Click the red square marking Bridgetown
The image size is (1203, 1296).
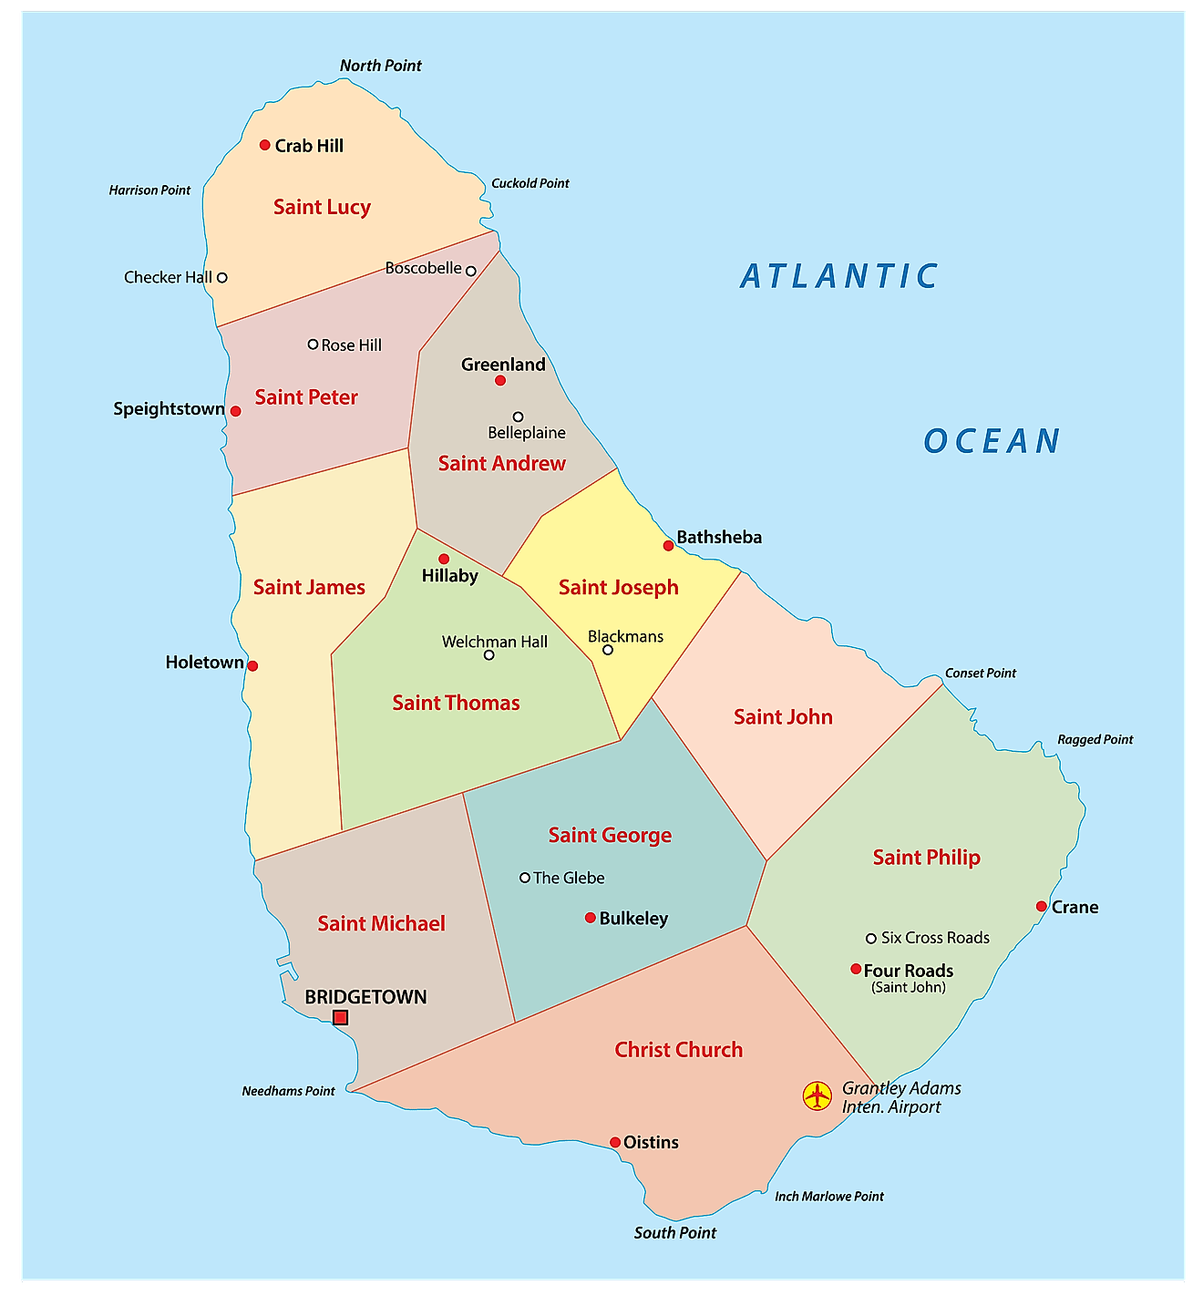[x=340, y=1017]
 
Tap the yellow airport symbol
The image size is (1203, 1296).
[x=817, y=1095]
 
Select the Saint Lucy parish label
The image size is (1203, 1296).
[x=322, y=207]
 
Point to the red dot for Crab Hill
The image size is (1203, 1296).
[x=265, y=145]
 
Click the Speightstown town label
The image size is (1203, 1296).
[x=169, y=408]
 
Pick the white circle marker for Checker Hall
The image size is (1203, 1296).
[x=221, y=277]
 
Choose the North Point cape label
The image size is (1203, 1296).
[x=380, y=66]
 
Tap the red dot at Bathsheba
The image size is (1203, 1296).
[x=668, y=545]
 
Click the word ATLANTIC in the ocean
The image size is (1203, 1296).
[x=838, y=276]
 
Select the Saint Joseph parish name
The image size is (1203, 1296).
[x=618, y=587]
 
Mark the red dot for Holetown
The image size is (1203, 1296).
[x=252, y=665]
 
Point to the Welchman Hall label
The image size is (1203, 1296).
[x=494, y=642]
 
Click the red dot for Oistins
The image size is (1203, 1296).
[x=615, y=1142]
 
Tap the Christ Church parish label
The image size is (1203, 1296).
[x=678, y=1049]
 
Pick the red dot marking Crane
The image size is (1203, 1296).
[x=1041, y=906]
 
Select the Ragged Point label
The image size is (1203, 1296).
[x=1095, y=739]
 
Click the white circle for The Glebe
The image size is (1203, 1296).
[x=525, y=878]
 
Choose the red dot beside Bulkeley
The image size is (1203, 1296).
[x=591, y=918]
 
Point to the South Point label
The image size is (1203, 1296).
[x=674, y=1232]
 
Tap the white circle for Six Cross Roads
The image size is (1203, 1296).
[x=871, y=938]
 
